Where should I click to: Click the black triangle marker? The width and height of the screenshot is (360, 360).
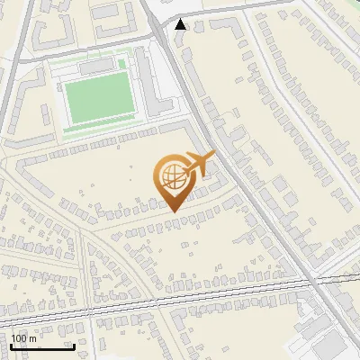click(182, 24)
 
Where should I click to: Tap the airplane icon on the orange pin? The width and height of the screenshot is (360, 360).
click(199, 164)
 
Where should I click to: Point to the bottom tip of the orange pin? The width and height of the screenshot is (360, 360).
click(174, 211)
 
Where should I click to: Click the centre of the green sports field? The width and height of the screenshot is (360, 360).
click(96, 100)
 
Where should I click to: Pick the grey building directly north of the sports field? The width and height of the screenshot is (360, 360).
click(95, 67)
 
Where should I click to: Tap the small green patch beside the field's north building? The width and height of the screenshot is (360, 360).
click(121, 65)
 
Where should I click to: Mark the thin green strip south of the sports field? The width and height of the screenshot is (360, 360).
click(99, 128)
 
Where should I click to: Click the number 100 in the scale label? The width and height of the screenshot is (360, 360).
click(20, 338)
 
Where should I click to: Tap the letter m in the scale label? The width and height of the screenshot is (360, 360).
click(33, 338)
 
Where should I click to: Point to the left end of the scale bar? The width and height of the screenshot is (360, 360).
click(11, 346)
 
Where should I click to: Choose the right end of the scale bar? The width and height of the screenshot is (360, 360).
click(73, 346)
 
